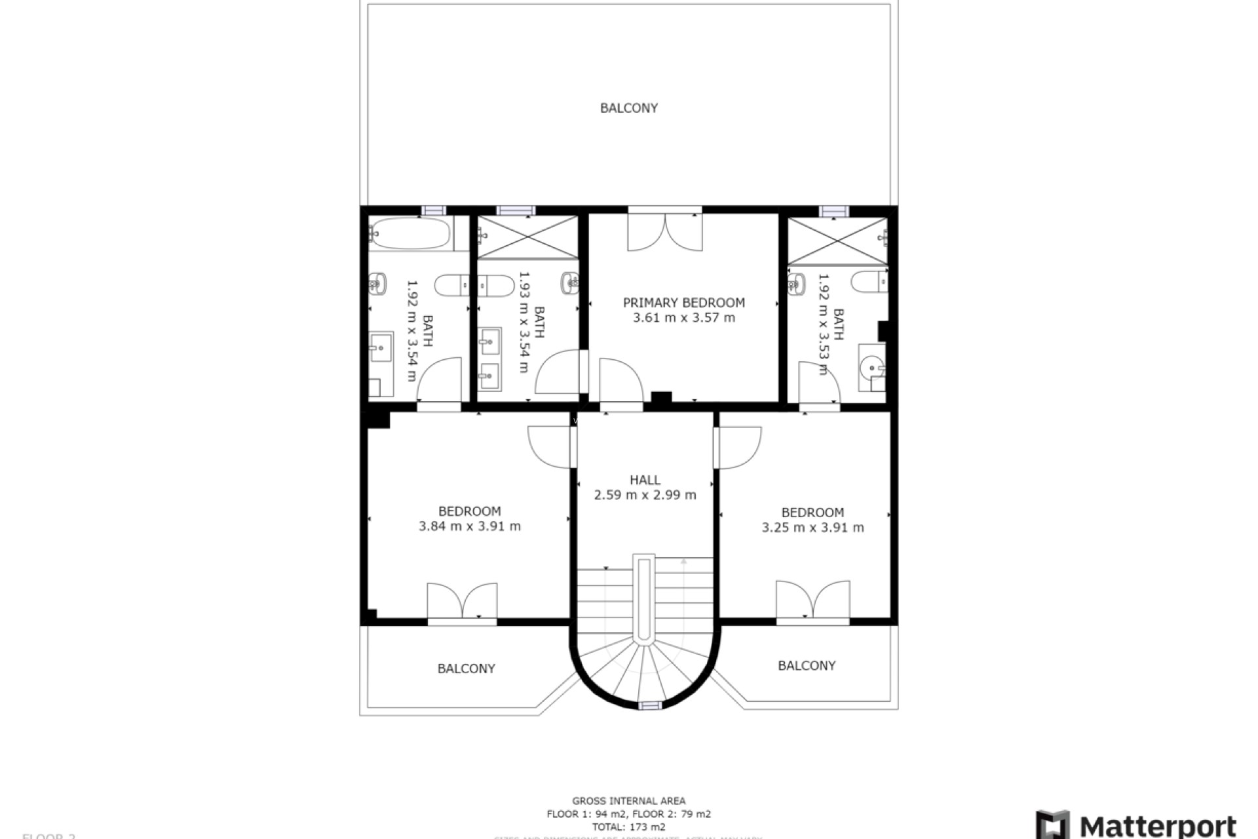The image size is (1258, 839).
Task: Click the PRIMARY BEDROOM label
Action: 683,303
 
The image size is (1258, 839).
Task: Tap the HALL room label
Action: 645,480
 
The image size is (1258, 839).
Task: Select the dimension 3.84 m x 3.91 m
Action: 470,526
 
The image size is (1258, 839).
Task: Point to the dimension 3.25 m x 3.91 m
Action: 812,528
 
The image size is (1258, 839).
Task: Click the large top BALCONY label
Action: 628,108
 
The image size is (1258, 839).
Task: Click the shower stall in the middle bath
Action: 528,237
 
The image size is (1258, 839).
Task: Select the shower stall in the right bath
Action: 837,241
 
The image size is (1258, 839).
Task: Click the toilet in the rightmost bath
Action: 869,283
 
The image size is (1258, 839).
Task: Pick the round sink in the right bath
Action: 872,368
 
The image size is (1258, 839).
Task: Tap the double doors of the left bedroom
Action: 462,600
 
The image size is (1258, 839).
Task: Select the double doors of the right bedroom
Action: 812,599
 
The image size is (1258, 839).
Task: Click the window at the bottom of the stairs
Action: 650,705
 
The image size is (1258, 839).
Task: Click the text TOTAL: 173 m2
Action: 628,827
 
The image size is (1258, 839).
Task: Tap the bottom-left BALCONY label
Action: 466,669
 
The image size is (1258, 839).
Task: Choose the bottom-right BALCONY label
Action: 807,666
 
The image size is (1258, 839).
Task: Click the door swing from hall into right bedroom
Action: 739,448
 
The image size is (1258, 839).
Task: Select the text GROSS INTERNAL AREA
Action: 628,801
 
